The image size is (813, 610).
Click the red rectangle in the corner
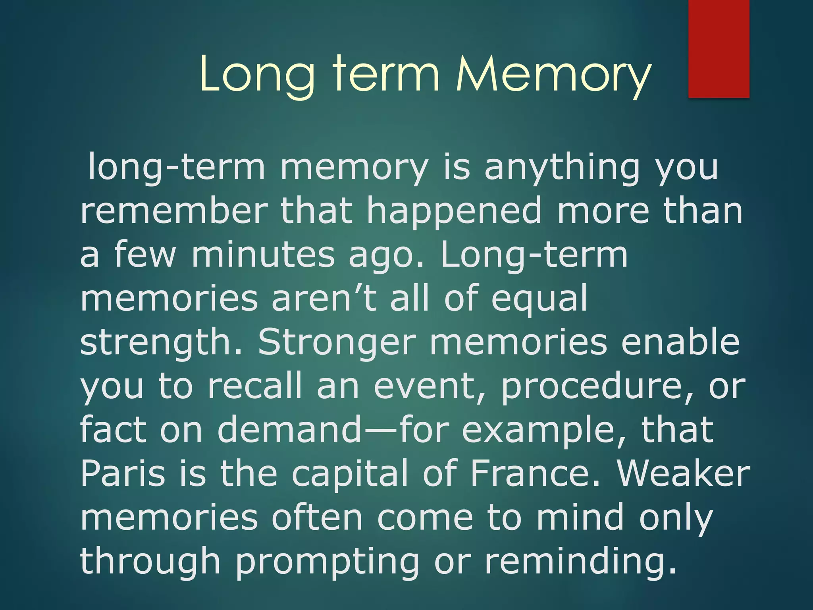(719, 48)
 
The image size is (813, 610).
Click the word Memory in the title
(554, 74)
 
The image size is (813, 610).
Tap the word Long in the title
(257, 74)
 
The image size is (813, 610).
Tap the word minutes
(263, 255)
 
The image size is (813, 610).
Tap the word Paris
(123, 473)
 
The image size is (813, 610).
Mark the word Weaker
(683, 473)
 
